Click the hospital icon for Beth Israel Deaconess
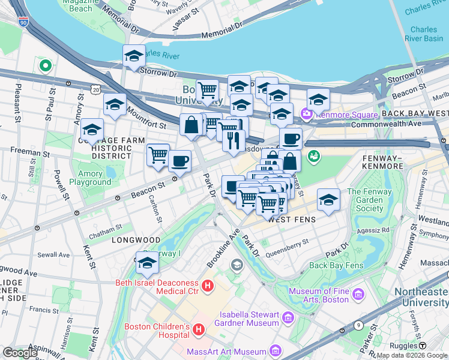coord(208,286)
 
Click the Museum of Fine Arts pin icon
coord(358,294)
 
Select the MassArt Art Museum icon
coord(275,350)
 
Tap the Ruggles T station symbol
coord(422,346)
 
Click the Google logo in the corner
coord(20,353)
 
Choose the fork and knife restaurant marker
coord(234,140)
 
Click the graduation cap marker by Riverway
coord(147,262)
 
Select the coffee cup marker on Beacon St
coord(179,161)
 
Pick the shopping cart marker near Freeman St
coord(158,155)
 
